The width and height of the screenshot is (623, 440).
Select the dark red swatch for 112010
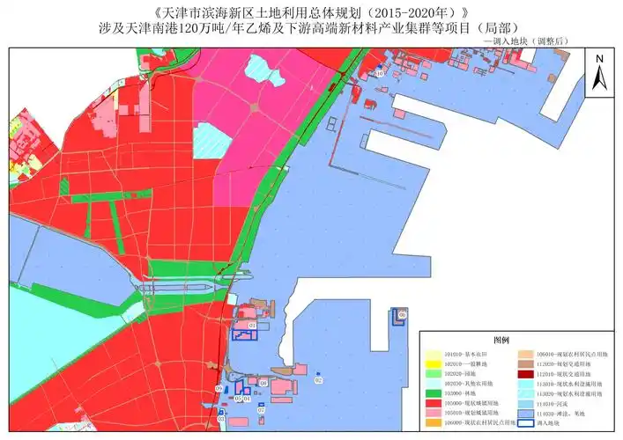(x=527, y=374)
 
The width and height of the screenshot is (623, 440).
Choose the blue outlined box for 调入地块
(x=527, y=422)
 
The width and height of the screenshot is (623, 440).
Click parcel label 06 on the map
(x=403, y=314)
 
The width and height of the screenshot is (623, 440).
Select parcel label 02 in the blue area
(x=318, y=380)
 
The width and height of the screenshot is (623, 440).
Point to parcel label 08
(x=263, y=384)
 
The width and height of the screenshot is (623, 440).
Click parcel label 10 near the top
(x=380, y=75)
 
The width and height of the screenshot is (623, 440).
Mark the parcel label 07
(x=261, y=410)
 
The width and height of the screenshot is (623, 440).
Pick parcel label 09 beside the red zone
(x=219, y=388)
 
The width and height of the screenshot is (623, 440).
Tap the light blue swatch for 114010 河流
(x=527, y=403)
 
